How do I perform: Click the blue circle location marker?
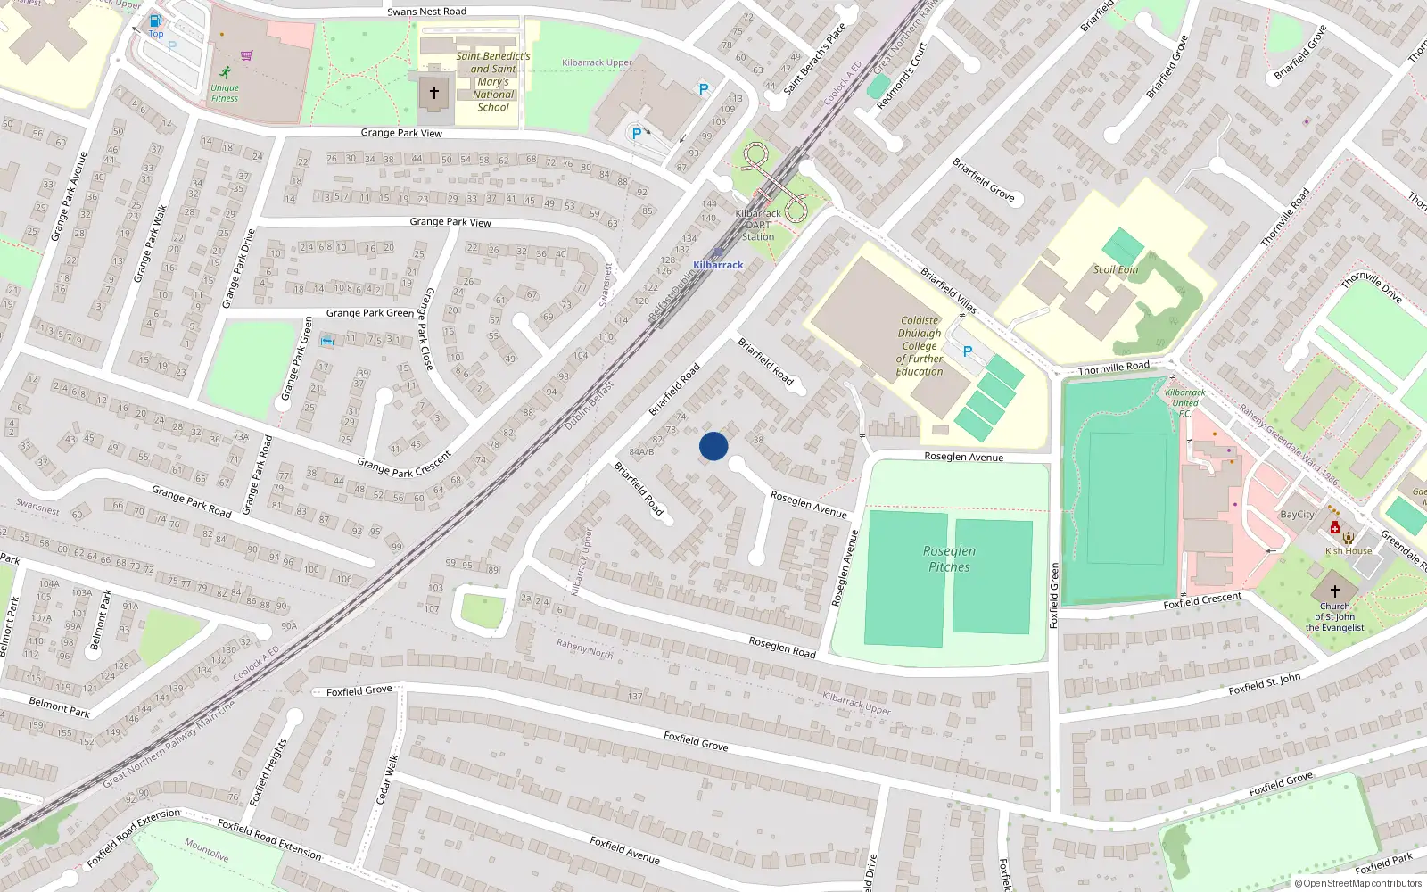[x=713, y=446]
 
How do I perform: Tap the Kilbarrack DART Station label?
[x=758, y=225]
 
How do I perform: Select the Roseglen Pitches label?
[x=949, y=558]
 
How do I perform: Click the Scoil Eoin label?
[x=1116, y=269]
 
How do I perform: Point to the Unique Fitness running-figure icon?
[x=226, y=72]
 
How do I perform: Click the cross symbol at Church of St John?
[x=1335, y=591]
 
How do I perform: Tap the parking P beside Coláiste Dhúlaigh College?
[x=968, y=351]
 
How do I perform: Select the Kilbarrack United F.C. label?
[x=1185, y=402]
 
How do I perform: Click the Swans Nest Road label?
[x=426, y=12]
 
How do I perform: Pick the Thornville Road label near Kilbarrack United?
[x=1113, y=368]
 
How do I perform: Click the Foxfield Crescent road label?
[x=1202, y=600]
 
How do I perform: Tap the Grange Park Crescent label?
[x=404, y=464]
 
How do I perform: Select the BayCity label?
[x=1297, y=515]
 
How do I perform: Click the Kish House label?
[x=1348, y=550]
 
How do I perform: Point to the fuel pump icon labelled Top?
[x=156, y=21]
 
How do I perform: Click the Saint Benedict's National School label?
[x=493, y=81]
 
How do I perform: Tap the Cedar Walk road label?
[x=387, y=780]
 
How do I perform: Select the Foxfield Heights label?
[x=268, y=772]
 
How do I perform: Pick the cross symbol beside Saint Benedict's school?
[x=434, y=92]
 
